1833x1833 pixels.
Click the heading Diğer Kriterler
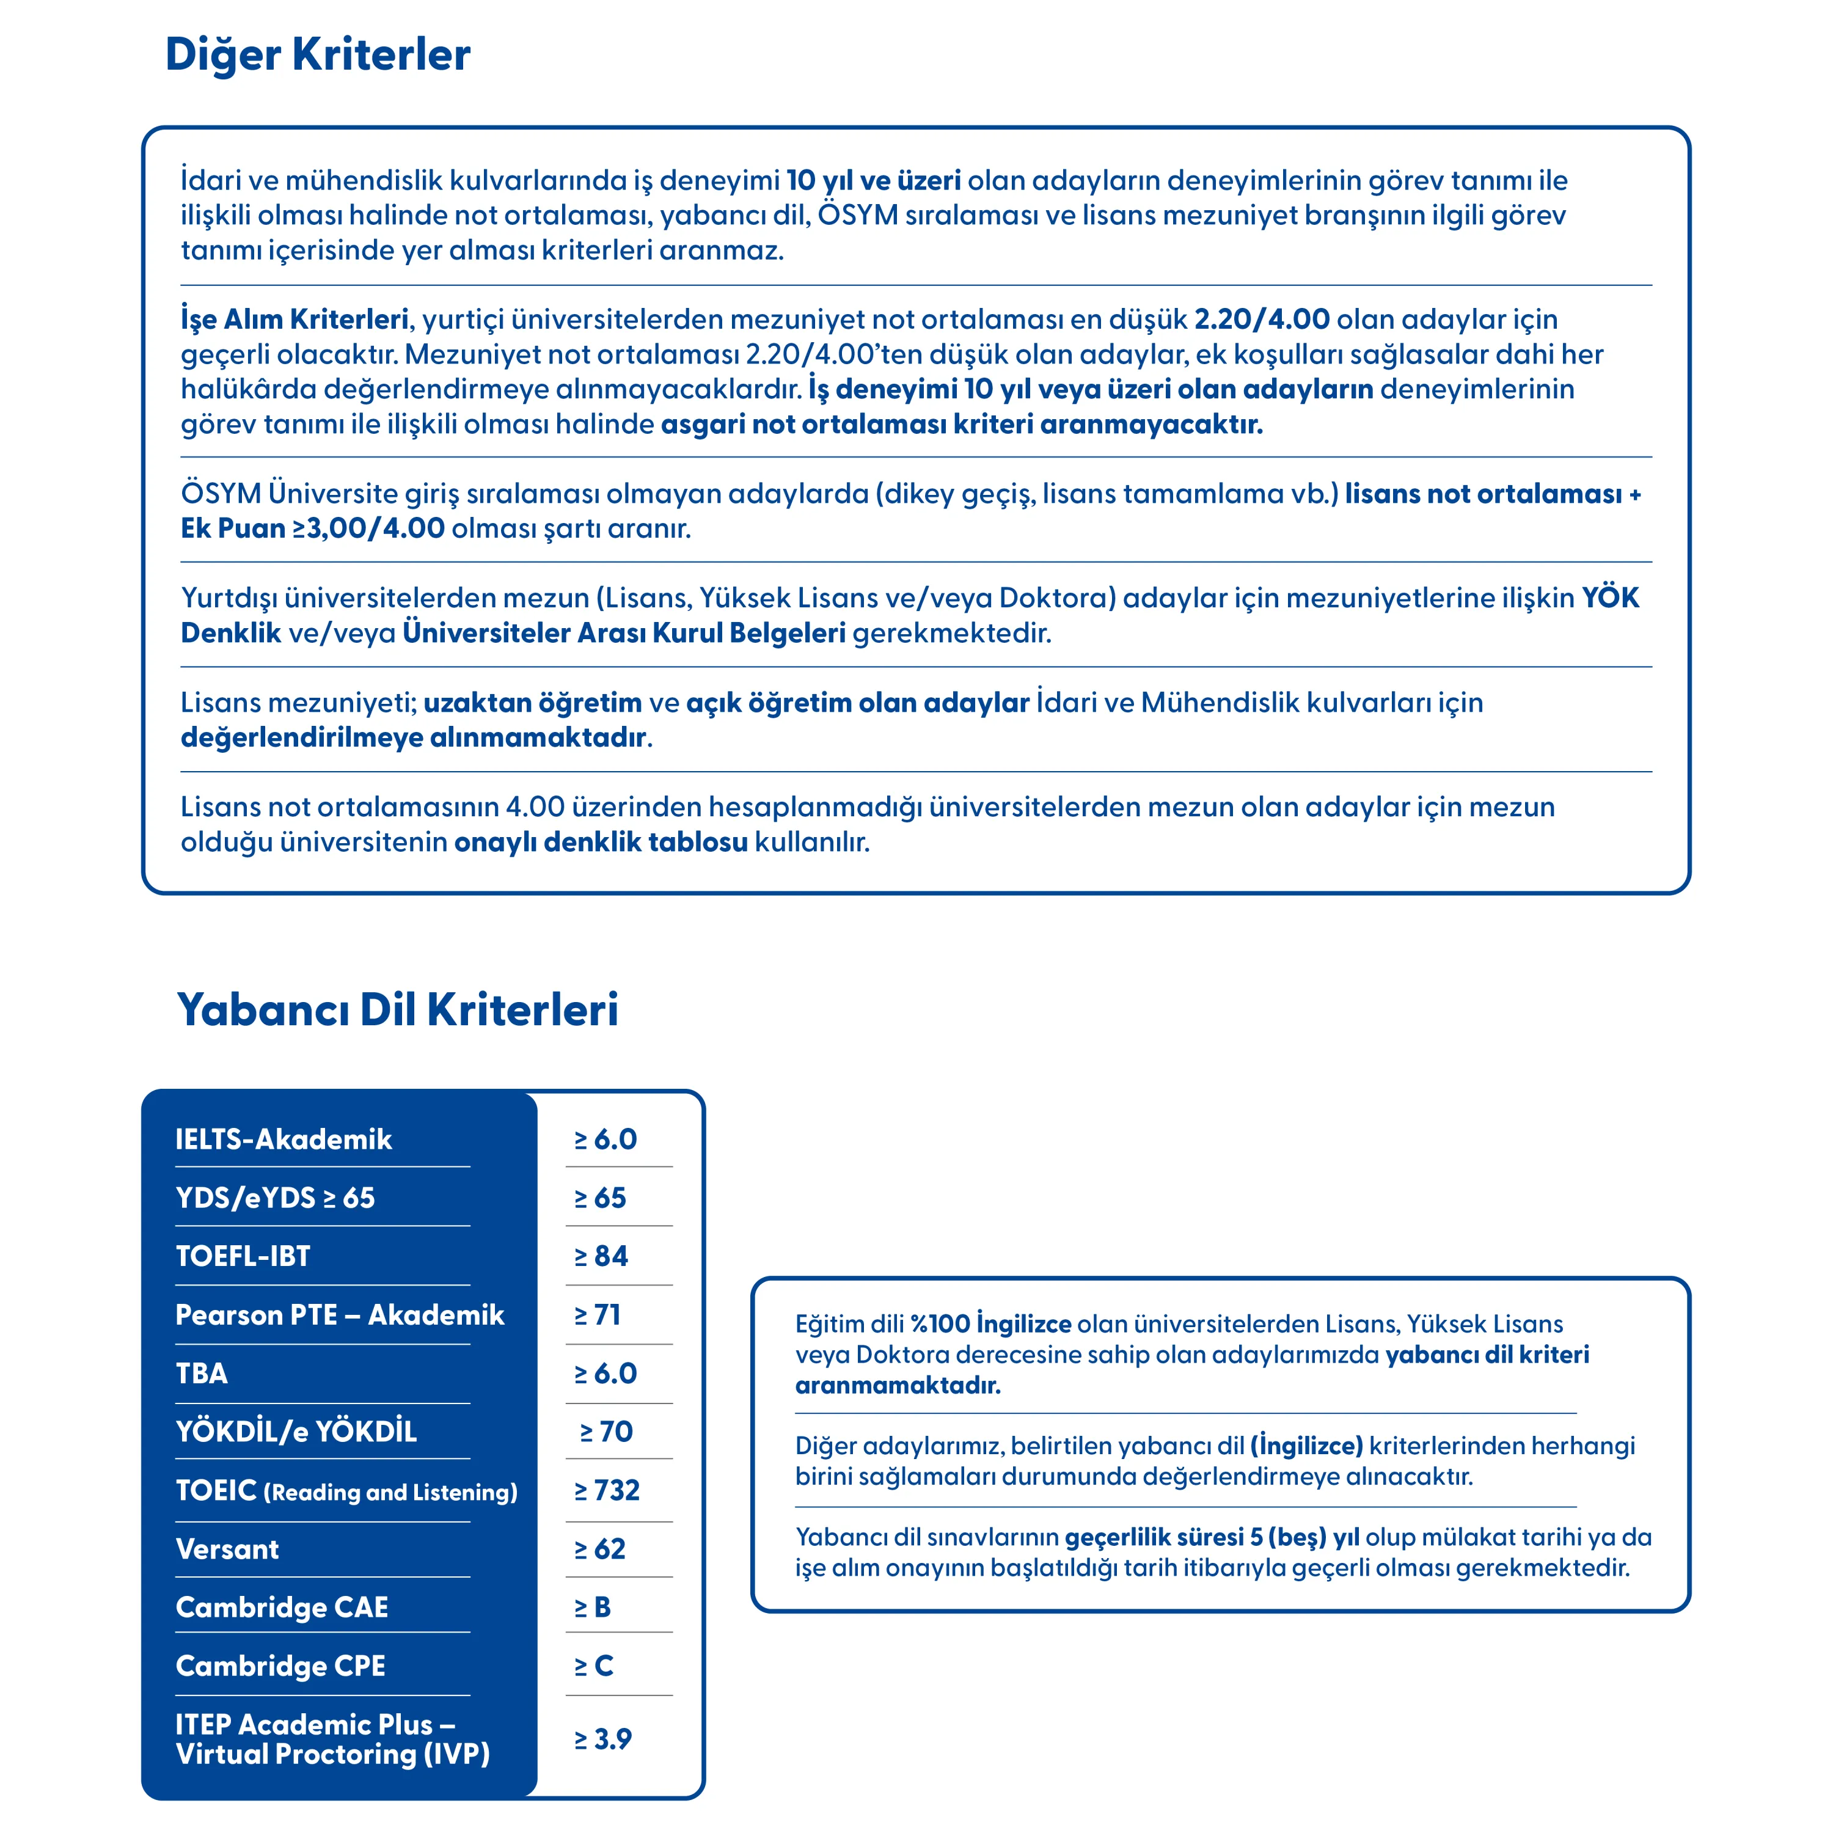[x=317, y=55]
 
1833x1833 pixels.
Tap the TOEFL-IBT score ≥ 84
[x=601, y=1256]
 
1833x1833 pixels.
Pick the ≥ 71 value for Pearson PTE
[x=598, y=1315]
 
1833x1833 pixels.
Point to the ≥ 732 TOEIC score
[x=607, y=1490]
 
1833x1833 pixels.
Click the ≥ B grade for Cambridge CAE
[x=593, y=1607]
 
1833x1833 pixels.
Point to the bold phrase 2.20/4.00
[x=1261, y=319]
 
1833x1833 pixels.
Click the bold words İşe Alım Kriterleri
[x=294, y=319]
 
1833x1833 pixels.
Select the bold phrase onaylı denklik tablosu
[x=601, y=841]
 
